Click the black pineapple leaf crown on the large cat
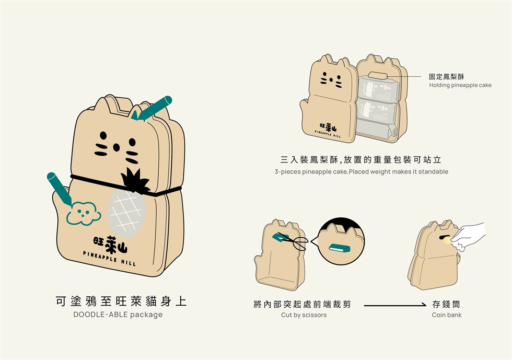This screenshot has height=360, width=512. point(135,181)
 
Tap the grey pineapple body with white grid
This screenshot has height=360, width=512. point(126,214)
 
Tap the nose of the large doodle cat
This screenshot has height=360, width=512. point(116,148)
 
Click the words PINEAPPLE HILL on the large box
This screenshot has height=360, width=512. point(109,259)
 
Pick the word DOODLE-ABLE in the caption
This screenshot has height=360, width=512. point(100,315)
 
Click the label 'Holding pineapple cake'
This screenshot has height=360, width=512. point(460,85)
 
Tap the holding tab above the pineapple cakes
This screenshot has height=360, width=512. point(378,75)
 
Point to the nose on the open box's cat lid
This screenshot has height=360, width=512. point(331,80)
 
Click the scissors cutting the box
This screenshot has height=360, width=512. point(294,241)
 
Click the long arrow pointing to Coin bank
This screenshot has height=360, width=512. point(395,305)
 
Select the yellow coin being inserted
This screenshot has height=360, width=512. point(447,241)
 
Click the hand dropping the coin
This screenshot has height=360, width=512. point(469,236)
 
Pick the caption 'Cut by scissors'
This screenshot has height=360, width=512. point(304,315)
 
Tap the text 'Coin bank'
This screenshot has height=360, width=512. point(446,315)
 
